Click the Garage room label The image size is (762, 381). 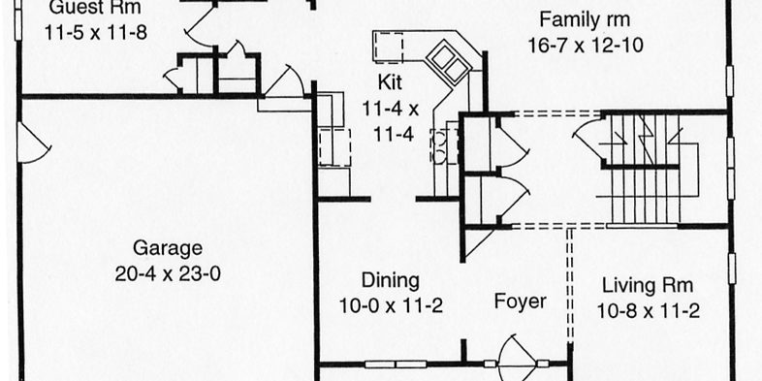point(168,248)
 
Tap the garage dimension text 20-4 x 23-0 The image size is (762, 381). point(168,274)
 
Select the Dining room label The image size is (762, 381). point(391,281)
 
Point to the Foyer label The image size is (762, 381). point(520,302)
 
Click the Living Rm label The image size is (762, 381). point(648,285)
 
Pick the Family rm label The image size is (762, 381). point(585,20)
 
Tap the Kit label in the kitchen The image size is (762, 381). point(390,82)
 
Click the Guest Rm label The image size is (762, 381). point(95,8)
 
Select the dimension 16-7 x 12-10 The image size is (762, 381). point(586,46)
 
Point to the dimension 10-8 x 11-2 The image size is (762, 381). point(648,311)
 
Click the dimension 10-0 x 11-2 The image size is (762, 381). point(391,306)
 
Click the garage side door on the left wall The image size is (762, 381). point(33,143)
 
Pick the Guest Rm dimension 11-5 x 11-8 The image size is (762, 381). point(95,33)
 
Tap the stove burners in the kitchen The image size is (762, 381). point(439,144)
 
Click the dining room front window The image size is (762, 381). point(396,364)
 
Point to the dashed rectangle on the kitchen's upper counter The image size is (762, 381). point(388,48)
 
